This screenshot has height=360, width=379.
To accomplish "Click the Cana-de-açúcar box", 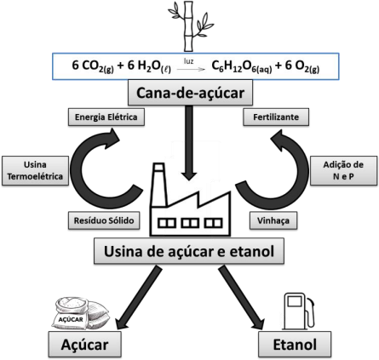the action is [190, 93].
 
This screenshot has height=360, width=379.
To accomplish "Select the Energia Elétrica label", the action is [106, 117].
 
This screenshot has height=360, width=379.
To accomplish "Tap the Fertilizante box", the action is [276, 117].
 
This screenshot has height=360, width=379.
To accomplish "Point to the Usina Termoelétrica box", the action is [35, 170].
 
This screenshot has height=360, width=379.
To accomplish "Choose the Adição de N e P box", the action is [343, 170].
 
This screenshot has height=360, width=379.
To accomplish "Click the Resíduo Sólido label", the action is [104, 220].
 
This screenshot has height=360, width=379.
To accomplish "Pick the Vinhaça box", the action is [273, 220].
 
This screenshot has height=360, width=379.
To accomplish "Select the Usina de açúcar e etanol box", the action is [189, 251].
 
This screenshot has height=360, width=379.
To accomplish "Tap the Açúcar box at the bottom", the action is [85, 345].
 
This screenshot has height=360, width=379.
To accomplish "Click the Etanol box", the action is [295, 345].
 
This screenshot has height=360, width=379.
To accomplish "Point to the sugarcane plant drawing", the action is [190, 26].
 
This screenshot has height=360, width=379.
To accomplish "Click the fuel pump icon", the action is [299, 311].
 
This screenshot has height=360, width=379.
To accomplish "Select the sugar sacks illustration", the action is [80, 314].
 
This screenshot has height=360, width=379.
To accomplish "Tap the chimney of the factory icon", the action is [158, 185].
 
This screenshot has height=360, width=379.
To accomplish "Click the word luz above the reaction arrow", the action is [188, 61].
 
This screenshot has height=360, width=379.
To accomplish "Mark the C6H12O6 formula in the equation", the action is [242, 66].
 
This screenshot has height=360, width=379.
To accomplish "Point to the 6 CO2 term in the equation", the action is [93, 66].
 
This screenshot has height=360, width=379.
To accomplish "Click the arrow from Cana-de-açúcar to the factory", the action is [189, 143].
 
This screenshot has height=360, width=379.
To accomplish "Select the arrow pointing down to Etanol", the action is [241, 298].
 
